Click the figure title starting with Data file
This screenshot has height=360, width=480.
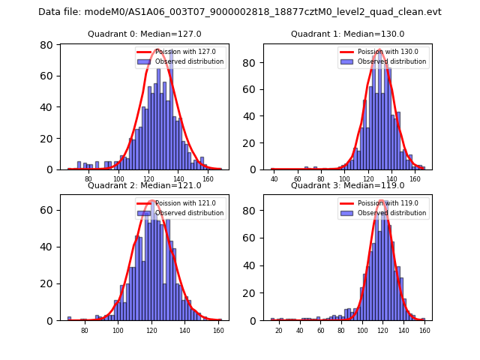240,12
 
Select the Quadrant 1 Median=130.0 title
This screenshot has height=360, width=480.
347,34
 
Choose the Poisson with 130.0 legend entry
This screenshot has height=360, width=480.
388,52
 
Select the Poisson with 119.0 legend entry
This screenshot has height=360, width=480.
388,203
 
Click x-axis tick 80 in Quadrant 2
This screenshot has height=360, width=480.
84,330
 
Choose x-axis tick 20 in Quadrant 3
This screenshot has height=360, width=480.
279,330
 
